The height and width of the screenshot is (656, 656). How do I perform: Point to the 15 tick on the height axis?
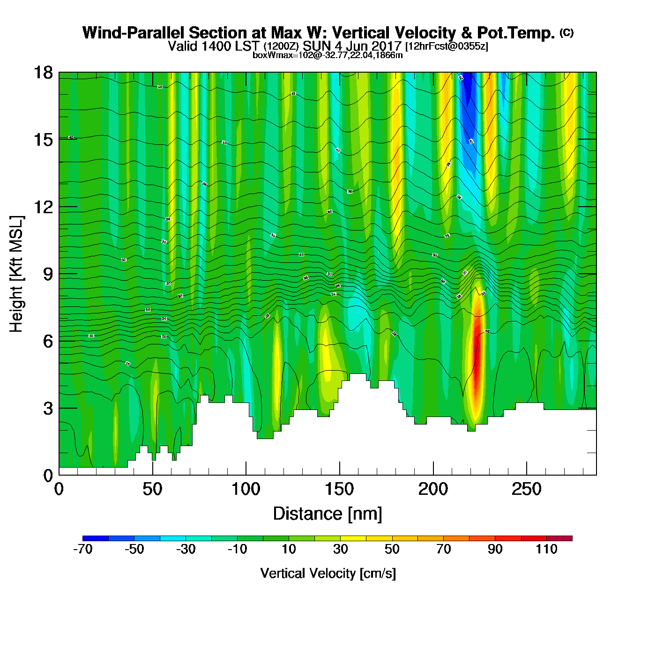pos(43,140)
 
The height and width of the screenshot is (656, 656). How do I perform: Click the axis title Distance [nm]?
pos(328,514)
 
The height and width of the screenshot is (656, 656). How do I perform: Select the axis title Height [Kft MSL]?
pos(16,274)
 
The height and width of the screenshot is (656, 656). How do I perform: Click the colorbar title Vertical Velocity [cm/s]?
pos(328,574)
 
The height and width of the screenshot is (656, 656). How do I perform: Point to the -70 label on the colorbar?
pos(83,549)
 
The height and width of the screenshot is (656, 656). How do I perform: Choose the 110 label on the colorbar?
pos(546,549)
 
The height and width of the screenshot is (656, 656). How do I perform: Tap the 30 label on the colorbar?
pos(341,549)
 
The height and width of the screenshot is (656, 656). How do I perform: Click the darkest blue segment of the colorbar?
pos(96,538)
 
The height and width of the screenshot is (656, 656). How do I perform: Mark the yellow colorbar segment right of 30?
pos(353,538)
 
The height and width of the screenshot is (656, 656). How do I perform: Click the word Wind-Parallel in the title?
pos(134,33)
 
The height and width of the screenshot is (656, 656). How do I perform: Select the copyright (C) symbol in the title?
pos(567,32)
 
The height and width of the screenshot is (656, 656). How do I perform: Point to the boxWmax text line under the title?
pos(328,55)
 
